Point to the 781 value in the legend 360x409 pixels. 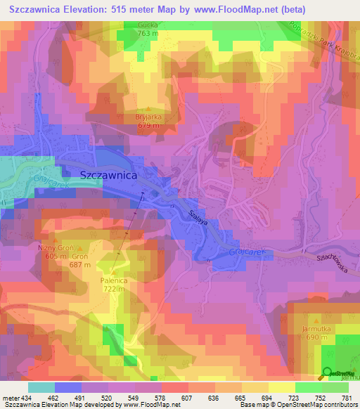[347, 399]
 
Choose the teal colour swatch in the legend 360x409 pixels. [41, 387]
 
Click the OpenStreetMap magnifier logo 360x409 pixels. [328, 374]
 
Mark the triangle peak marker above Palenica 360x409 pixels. [112, 271]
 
